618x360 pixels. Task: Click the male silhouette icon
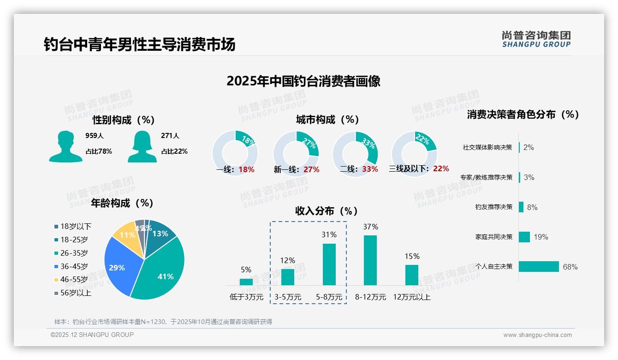[65, 146]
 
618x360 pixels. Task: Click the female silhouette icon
[142, 146]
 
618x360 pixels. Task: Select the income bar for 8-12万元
[370, 260]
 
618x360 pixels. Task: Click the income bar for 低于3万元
[246, 282]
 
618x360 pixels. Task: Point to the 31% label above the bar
[329, 235]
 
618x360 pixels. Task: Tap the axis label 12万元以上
[411, 297]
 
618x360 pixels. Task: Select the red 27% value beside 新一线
[311, 170]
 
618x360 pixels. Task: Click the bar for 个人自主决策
[539, 267]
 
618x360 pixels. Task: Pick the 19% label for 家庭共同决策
[541, 237]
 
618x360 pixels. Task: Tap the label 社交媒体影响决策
[487, 148]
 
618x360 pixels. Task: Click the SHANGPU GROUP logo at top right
[536, 39]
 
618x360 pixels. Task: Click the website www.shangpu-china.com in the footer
[537, 335]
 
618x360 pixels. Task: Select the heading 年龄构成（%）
[122, 203]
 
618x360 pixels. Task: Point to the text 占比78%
[99, 151]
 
